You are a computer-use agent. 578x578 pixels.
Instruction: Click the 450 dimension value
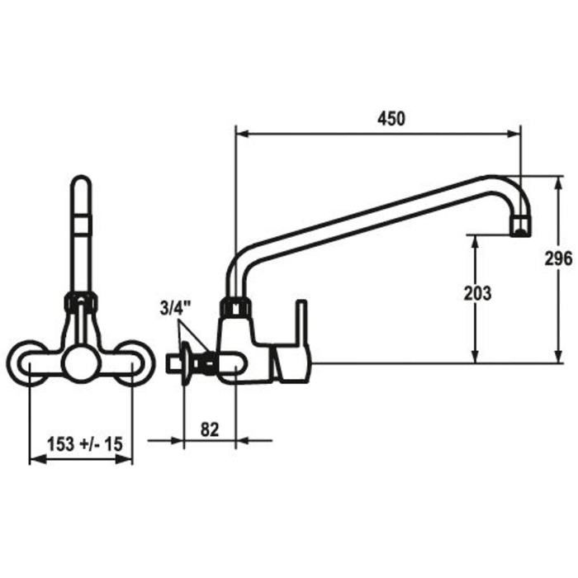(391, 118)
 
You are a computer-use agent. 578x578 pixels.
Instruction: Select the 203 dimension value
(477, 293)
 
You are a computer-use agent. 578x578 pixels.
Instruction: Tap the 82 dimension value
(210, 429)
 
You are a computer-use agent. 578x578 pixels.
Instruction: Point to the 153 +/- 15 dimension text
(83, 444)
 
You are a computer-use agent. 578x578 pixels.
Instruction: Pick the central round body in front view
(81, 362)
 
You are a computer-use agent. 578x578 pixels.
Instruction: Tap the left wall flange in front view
(28, 362)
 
